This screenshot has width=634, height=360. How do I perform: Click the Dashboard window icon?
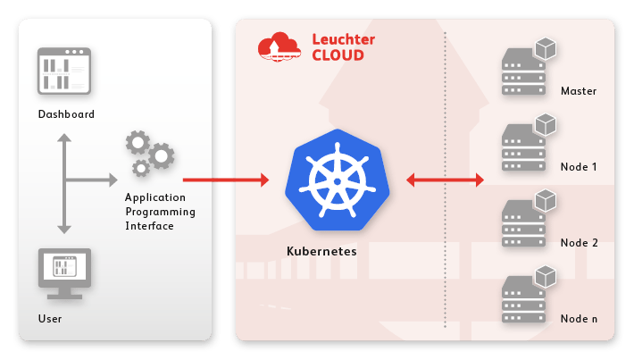tap(66, 71)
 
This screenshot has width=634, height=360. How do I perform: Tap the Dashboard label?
tap(66, 114)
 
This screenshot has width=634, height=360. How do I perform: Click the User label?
tap(50, 319)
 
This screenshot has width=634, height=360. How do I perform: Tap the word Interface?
tap(149, 226)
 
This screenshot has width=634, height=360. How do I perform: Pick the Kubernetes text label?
tap(321, 252)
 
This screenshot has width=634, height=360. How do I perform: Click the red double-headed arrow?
tap(445, 180)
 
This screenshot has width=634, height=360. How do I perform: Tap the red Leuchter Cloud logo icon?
tap(279, 46)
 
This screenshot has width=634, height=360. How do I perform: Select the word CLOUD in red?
tap(338, 55)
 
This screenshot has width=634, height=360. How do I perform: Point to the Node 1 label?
tap(579, 167)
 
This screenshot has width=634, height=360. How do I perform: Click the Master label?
tap(579, 91)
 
